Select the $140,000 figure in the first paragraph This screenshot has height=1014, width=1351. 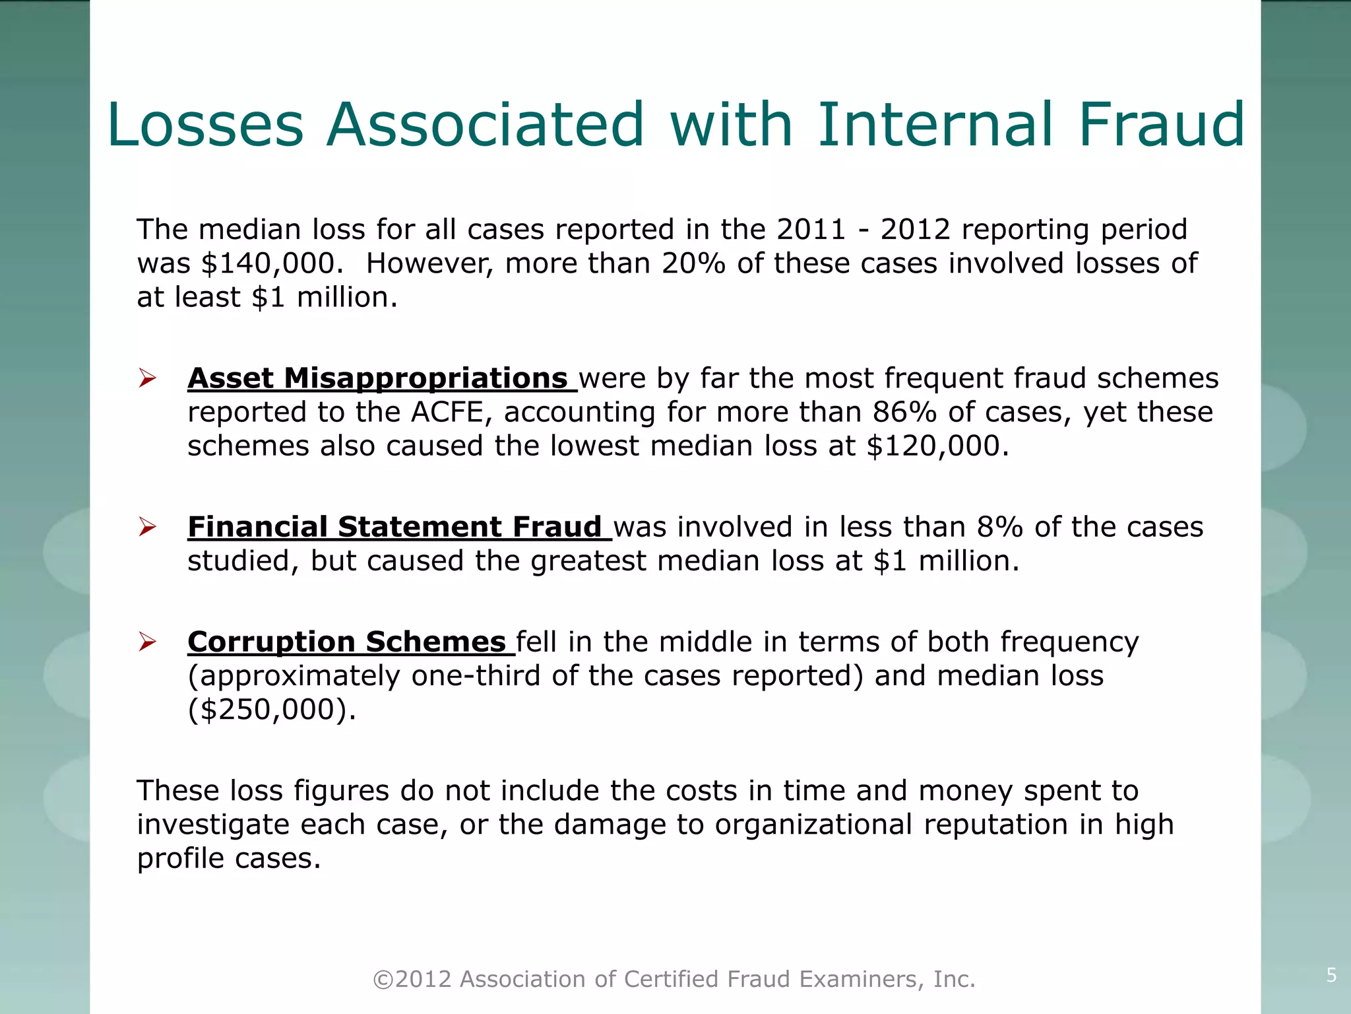pos(272,263)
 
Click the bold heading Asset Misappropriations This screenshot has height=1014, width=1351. pos(377,378)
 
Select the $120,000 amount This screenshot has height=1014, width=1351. pos(937,446)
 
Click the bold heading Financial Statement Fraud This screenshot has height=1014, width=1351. pos(394,527)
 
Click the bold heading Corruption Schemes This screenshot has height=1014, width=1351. pos(347,642)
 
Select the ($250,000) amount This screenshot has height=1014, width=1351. pos(272,710)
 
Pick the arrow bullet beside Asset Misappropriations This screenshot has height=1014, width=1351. pos(146,379)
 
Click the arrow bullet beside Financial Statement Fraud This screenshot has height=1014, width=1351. pos(146,527)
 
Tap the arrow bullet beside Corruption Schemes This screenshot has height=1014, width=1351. pos(146,642)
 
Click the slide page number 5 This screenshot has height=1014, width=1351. pos(1331,975)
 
